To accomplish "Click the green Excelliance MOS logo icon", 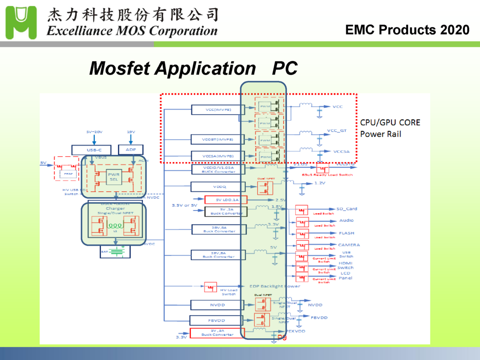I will (x=21, y=22).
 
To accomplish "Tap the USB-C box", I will (x=93, y=150).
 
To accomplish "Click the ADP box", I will (x=131, y=150).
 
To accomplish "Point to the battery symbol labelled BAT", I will (x=116, y=252).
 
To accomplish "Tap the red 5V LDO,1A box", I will (x=226, y=200).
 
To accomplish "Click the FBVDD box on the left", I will (x=216, y=320).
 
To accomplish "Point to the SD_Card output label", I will (x=347, y=209).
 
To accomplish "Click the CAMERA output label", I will (x=349, y=245).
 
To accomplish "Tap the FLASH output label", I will (x=346, y=233).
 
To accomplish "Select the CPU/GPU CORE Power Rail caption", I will (x=390, y=128).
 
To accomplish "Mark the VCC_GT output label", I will (x=337, y=130).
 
